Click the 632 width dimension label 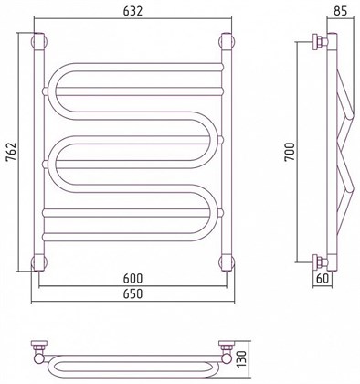pyautogui.click(x=132, y=11)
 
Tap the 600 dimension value pyautogui.click(x=132, y=278)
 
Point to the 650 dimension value pyautogui.click(x=132, y=293)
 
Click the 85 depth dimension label pyautogui.click(x=340, y=11)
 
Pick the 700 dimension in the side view pyautogui.click(x=290, y=152)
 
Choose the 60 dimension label pyautogui.click(x=323, y=278)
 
